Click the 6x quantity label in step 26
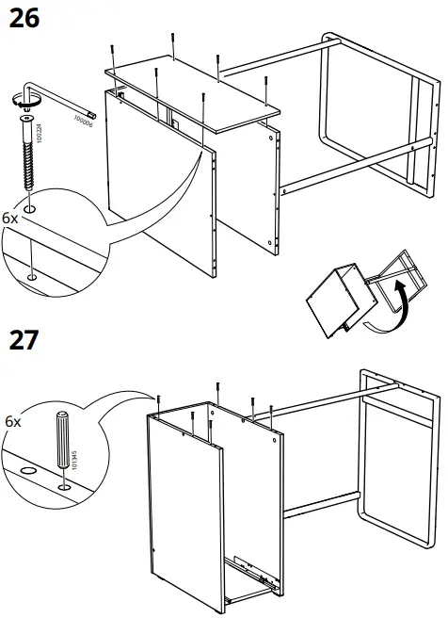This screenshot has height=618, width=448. [x=10, y=217]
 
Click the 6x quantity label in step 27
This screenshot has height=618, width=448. [x=12, y=422]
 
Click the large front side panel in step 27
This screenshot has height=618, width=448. [x=184, y=509]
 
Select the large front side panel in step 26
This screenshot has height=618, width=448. [x=160, y=188]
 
